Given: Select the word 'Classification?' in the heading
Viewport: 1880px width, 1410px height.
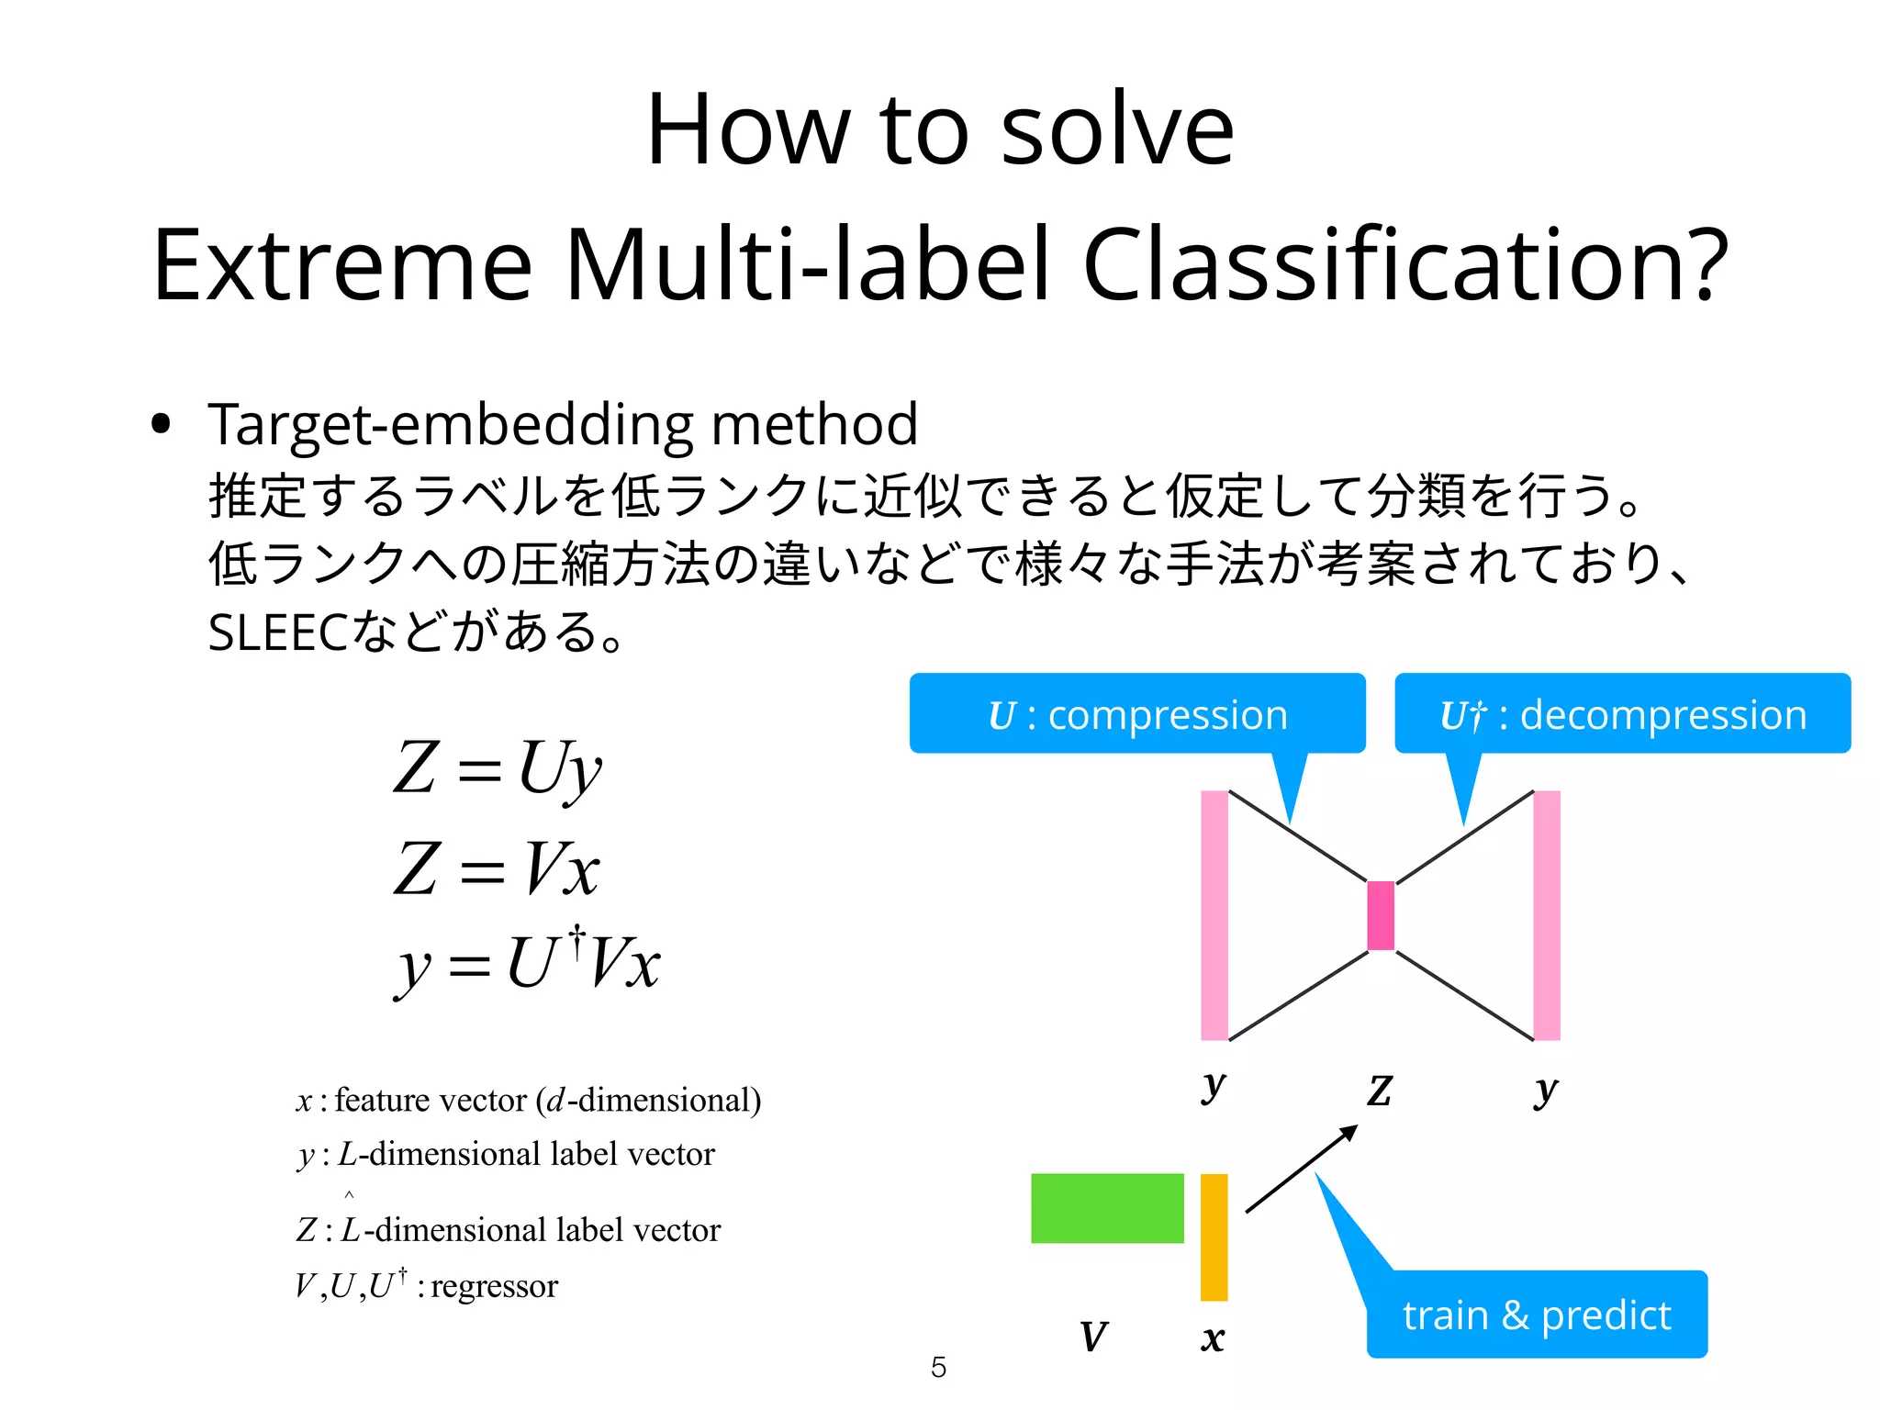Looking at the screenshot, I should tap(1405, 265).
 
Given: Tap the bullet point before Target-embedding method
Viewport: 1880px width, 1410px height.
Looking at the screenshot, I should tap(162, 424).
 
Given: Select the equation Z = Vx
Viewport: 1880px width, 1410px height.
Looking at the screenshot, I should tap(497, 868).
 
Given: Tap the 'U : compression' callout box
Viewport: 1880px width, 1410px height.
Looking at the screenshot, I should tap(1136, 714).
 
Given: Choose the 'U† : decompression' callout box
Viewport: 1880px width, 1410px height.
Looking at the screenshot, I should tap(1621, 714).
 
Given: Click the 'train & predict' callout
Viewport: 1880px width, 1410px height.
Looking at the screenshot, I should tap(1536, 1315).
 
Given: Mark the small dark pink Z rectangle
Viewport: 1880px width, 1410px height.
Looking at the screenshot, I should tap(1381, 915).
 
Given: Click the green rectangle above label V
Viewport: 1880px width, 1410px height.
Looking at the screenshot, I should tap(1107, 1208).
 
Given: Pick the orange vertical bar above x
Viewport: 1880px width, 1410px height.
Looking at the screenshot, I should tap(1214, 1237).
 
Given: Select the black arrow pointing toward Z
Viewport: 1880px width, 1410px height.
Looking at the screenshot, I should tap(1301, 1169).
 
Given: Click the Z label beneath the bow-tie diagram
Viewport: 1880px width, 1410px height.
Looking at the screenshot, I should tap(1380, 1091).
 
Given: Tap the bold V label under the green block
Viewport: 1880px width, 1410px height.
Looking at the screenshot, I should tap(1093, 1337).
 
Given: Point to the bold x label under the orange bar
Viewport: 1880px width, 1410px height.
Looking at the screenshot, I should tap(1213, 1338).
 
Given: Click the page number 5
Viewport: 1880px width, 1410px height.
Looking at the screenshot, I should tap(938, 1367).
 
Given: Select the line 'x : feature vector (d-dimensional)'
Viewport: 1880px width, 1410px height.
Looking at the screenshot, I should tap(529, 1100).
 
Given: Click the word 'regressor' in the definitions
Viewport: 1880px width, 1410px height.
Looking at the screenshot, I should tap(494, 1286).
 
